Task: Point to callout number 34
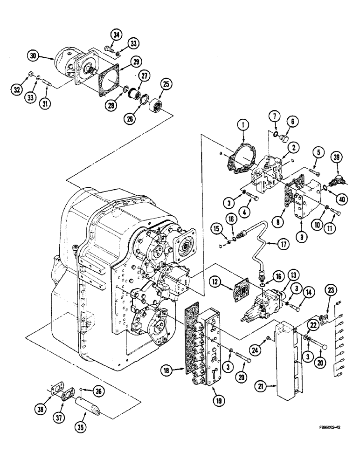116,34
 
